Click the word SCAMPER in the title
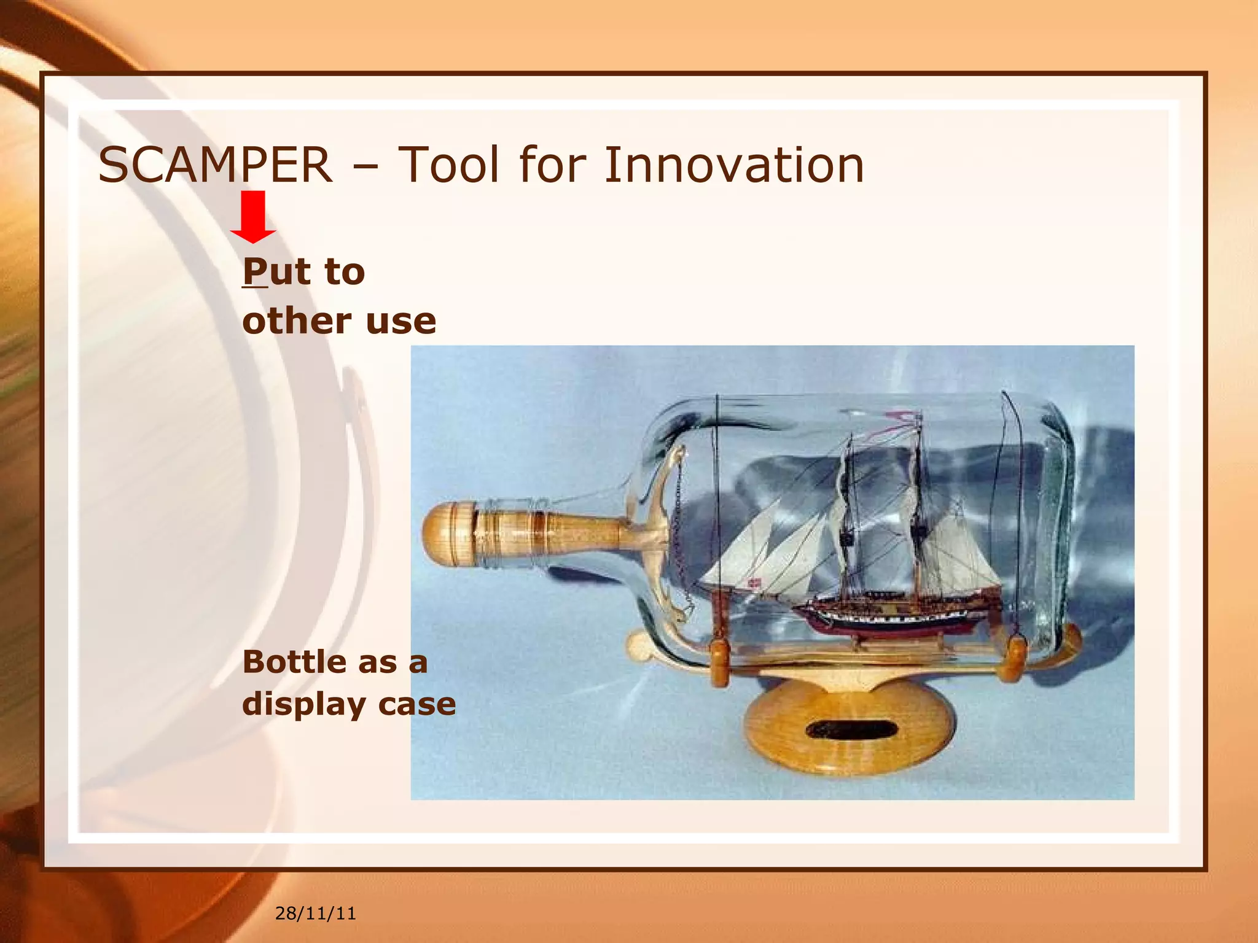click(215, 166)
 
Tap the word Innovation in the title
click(733, 166)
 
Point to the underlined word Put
click(276, 272)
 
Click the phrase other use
click(339, 321)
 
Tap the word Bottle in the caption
click(295, 662)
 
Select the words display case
click(349, 704)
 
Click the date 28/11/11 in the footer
click(315, 914)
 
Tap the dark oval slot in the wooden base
click(851, 730)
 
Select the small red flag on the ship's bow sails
click(753, 582)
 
